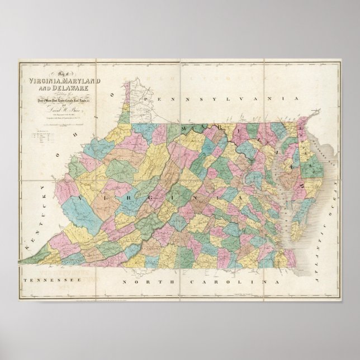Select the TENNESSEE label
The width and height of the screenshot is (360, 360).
coord(44,278)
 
